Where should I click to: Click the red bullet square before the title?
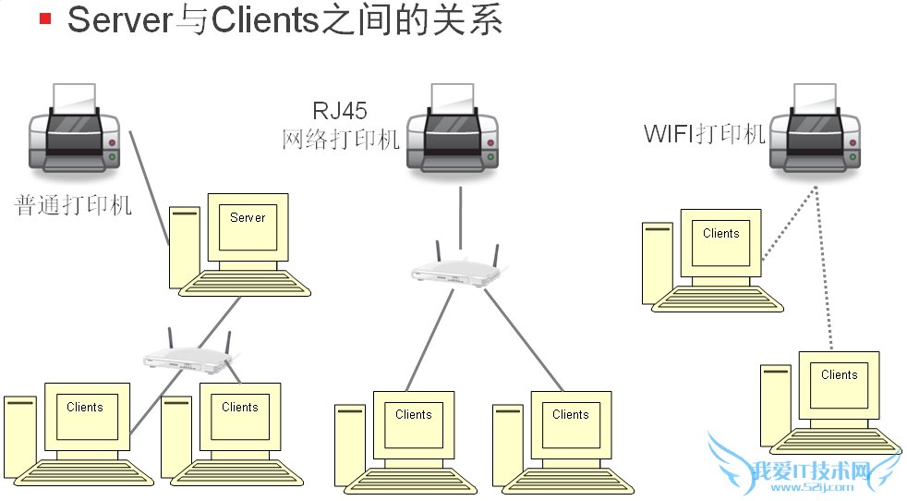[x=45, y=18]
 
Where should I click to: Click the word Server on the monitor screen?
[x=248, y=218]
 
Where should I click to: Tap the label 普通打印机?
[x=74, y=205]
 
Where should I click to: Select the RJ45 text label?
[x=339, y=112]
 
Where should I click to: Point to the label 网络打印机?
[x=340, y=140]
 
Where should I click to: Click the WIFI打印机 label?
[x=705, y=134]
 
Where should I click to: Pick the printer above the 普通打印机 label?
[x=74, y=129]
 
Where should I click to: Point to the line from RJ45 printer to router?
[x=460, y=213]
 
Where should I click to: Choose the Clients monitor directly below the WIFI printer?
[x=720, y=239]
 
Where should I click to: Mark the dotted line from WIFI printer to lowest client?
[x=824, y=268]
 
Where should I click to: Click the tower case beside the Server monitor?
[x=183, y=248]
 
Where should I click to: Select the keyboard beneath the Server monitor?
[x=245, y=281]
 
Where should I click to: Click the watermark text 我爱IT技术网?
[x=808, y=470]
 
